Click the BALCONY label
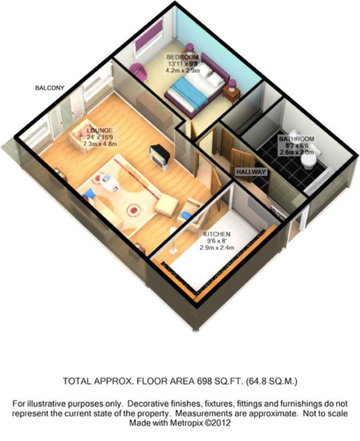50,88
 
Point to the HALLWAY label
251,173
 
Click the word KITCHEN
217,233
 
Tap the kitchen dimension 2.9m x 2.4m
217,248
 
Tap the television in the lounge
159,153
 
